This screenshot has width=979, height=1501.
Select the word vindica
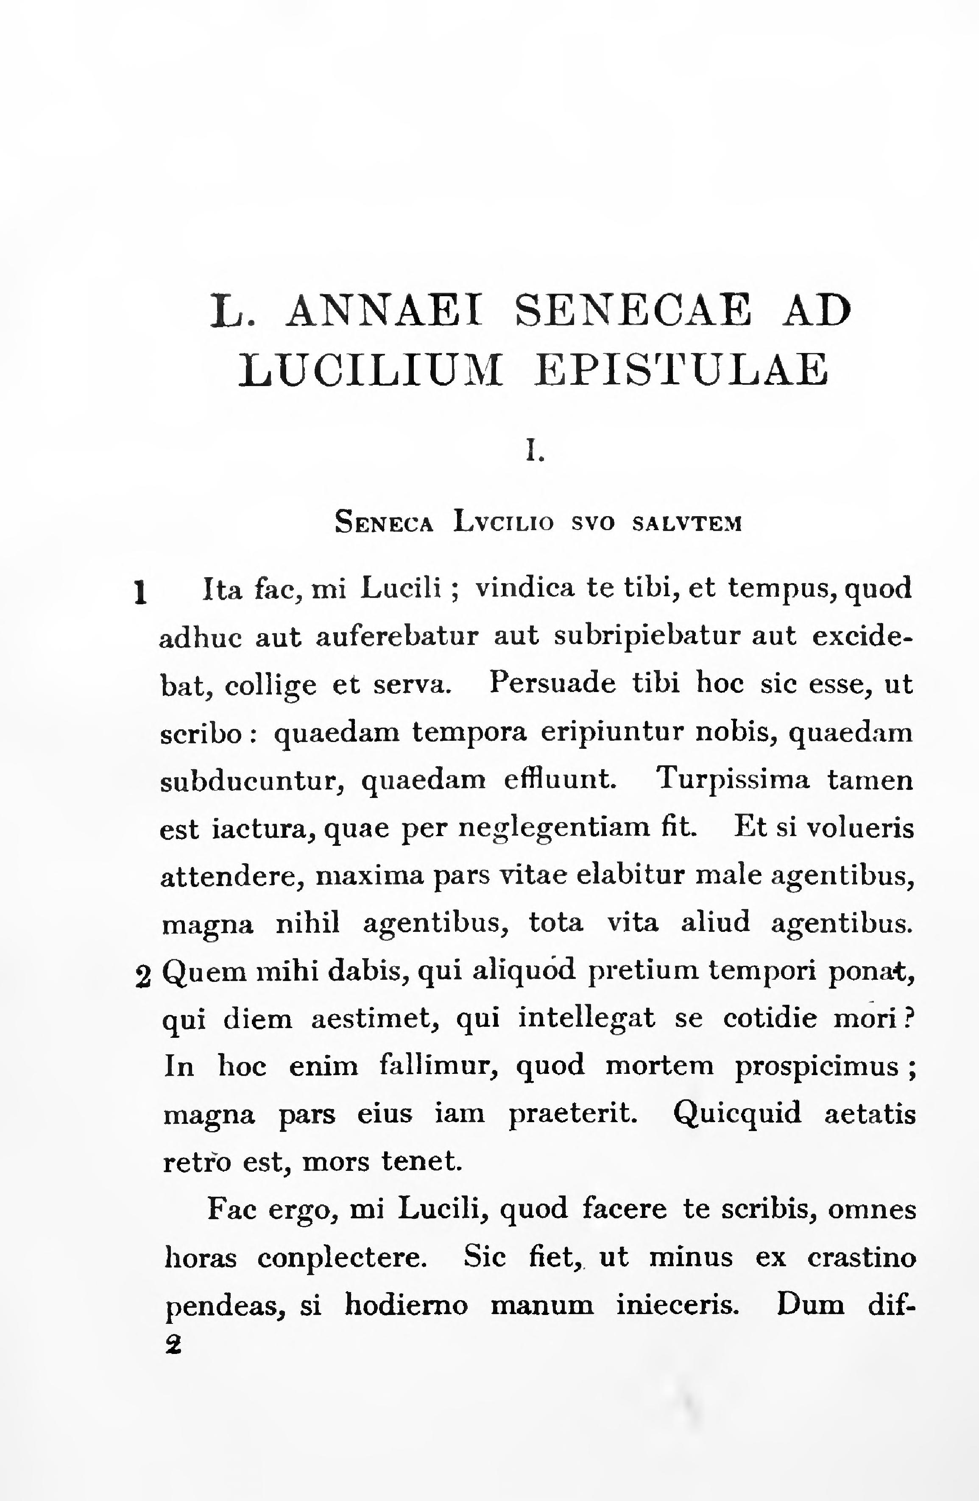525,589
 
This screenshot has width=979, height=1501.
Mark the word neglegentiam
553,828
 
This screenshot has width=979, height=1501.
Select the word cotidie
770,1018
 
